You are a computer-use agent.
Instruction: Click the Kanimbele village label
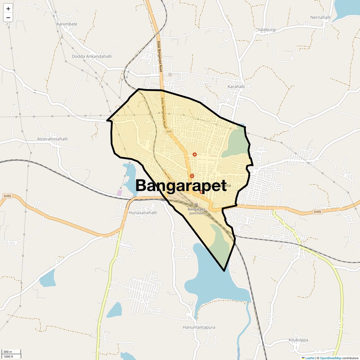[67, 24]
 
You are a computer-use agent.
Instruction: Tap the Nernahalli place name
[320, 17]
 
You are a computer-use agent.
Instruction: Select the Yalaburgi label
[267, 30]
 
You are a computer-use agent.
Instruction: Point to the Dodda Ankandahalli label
[92, 57]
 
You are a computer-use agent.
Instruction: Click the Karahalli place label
[236, 87]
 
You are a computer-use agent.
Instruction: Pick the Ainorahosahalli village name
[52, 139]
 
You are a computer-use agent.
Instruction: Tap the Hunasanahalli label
[143, 213]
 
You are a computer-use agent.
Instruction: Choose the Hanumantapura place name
[199, 327]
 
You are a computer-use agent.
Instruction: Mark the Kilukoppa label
[298, 340]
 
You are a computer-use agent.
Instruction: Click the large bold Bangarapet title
[181, 186]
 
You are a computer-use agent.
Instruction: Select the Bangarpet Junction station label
[196, 211]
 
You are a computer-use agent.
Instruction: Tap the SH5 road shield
[169, 131]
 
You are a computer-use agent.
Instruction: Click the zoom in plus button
[8, 9]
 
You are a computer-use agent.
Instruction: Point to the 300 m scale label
[8, 352]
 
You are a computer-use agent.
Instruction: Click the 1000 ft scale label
[9, 357]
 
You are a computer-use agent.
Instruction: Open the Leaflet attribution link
[309, 358]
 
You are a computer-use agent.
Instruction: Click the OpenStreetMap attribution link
[330, 358]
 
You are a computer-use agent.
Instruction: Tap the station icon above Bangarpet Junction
[196, 205]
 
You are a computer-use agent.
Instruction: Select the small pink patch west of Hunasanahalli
[120, 193]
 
